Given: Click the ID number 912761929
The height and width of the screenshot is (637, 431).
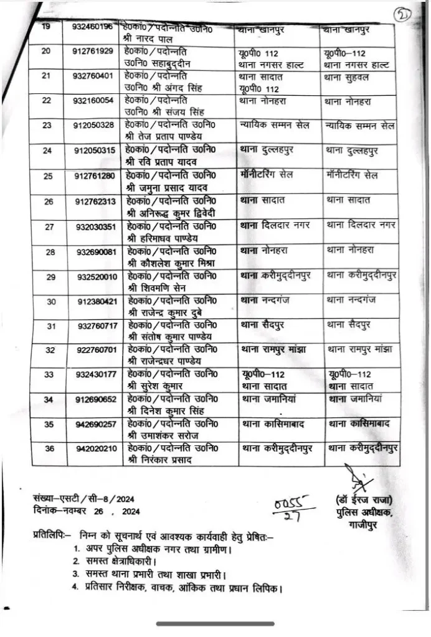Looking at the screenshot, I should pyautogui.click(x=93, y=50).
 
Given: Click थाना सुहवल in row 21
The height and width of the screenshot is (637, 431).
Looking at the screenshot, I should pyautogui.click(x=348, y=77).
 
